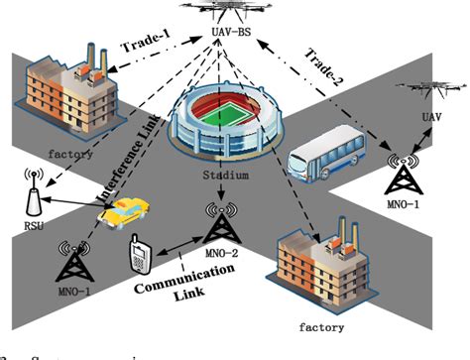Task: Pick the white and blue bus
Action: [322, 162]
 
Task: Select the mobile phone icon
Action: [139, 257]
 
